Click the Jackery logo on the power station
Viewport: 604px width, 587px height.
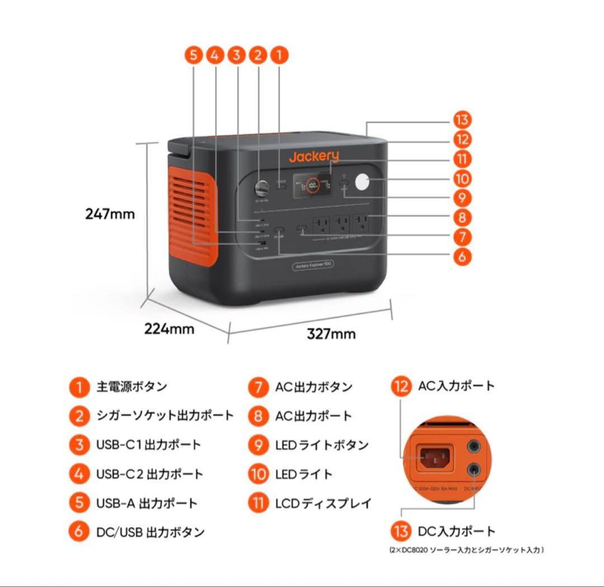pyautogui.click(x=313, y=157)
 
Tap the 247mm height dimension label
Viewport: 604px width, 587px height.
pyautogui.click(x=110, y=213)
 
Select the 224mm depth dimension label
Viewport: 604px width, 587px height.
pyautogui.click(x=169, y=329)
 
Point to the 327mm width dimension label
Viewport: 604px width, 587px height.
pyautogui.click(x=331, y=334)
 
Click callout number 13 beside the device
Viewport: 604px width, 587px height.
pyautogui.click(x=462, y=120)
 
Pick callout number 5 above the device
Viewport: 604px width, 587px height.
pyautogui.click(x=193, y=55)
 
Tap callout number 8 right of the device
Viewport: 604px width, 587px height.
pyautogui.click(x=462, y=217)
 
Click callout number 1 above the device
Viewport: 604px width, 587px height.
pyautogui.click(x=279, y=55)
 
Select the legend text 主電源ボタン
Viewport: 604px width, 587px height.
pyautogui.click(x=131, y=386)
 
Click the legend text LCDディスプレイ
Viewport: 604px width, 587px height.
pyautogui.click(x=323, y=503)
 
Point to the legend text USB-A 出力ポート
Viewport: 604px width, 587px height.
pyautogui.click(x=147, y=503)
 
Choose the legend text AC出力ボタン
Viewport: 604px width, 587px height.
pyautogui.click(x=314, y=386)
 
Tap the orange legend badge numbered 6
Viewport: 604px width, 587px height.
pyautogui.click(x=79, y=532)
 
